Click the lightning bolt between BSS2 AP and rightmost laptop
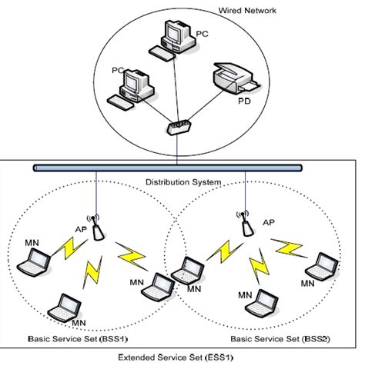coord(286,247)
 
